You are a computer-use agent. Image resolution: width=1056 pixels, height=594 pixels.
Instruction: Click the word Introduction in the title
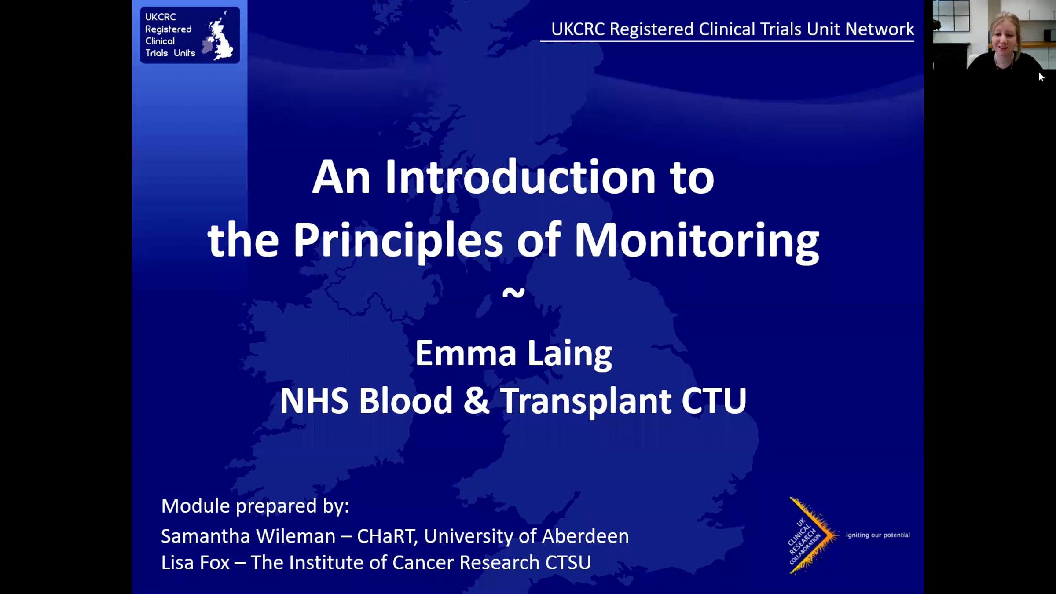pyautogui.click(x=521, y=177)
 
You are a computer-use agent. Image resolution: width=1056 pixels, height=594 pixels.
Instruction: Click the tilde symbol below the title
pyautogui.click(x=513, y=293)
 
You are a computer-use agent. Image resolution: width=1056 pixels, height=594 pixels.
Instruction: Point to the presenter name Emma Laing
pyautogui.click(x=513, y=353)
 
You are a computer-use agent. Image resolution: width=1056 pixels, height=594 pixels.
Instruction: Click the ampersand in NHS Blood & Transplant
pyautogui.click(x=476, y=401)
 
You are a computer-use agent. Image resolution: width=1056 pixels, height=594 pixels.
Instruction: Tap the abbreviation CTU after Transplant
pyautogui.click(x=714, y=401)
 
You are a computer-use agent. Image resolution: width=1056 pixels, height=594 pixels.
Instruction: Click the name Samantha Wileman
pyautogui.click(x=248, y=536)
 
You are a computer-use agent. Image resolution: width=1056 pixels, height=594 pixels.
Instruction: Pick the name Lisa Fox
pyautogui.click(x=195, y=563)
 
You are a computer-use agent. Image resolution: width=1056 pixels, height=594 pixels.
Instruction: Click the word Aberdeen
pyautogui.click(x=585, y=536)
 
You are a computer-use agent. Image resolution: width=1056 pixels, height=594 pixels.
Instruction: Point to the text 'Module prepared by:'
pyautogui.click(x=255, y=506)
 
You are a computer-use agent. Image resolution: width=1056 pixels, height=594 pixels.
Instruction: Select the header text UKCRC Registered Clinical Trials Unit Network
pyautogui.click(x=732, y=29)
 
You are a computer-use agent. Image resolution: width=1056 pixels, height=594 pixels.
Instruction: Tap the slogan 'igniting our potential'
pyautogui.click(x=878, y=535)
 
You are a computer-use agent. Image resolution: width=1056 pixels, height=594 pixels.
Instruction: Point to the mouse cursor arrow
pyautogui.click(x=1041, y=77)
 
